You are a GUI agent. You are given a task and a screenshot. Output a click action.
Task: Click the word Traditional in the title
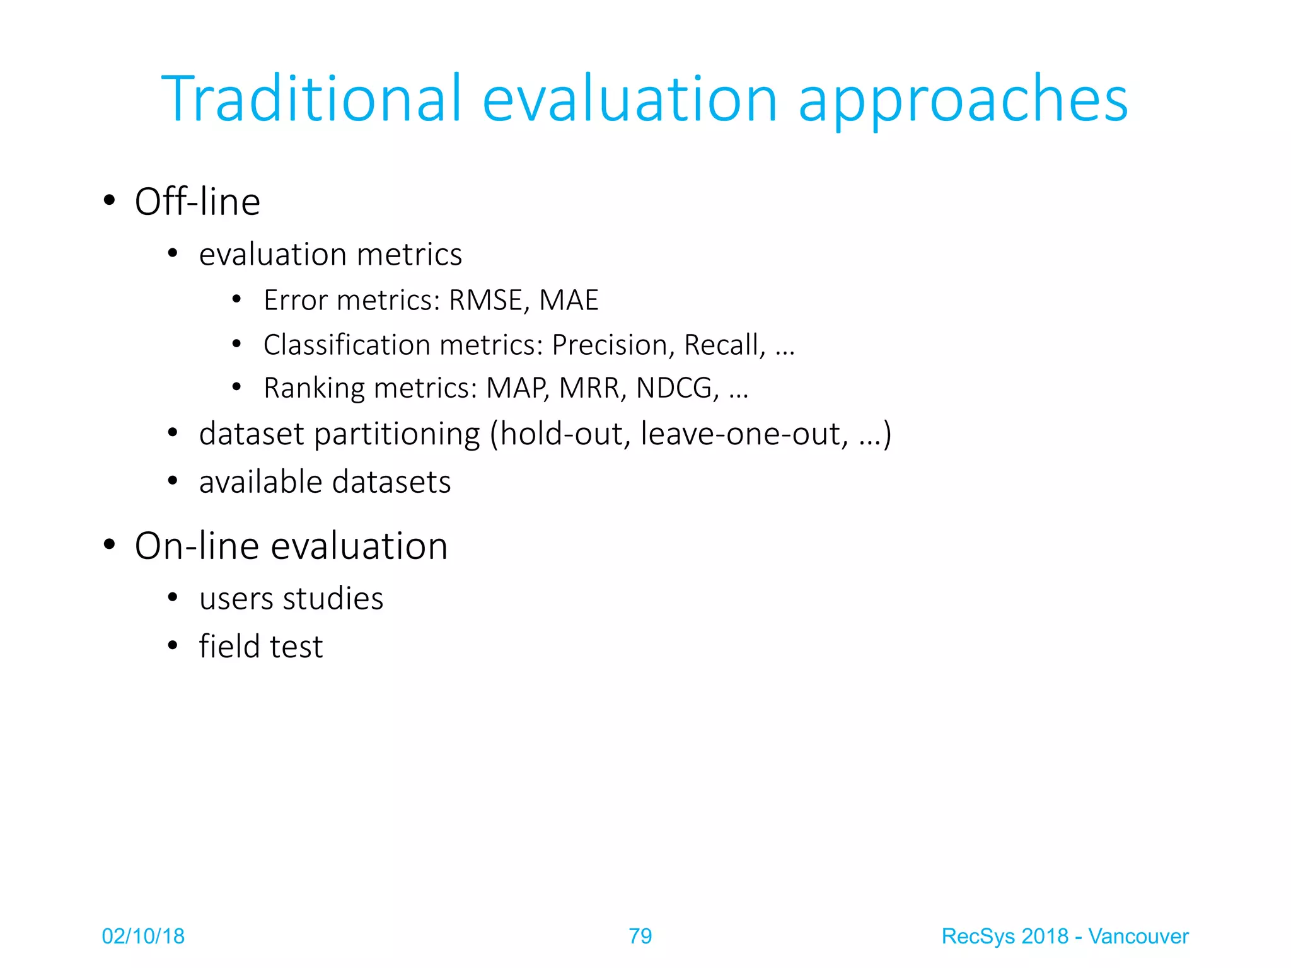(312, 99)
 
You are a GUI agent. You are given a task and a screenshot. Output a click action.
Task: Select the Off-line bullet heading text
(197, 202)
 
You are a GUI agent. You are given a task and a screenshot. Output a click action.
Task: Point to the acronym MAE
(569, 300)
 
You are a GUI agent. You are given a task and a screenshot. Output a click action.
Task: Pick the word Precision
(610, 345)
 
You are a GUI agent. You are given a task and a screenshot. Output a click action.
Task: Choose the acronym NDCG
(676, 388)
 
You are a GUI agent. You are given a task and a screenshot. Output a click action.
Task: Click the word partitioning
(397, 435)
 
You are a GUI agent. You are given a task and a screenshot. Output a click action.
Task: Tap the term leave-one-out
(744, 434)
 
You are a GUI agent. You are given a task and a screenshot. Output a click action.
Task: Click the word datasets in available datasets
(391, 482)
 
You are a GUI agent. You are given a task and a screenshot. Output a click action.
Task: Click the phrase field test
(261, 647)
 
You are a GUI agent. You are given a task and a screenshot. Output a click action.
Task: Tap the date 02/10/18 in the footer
(143, 936)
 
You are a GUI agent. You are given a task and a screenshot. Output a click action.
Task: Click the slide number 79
(640, 936)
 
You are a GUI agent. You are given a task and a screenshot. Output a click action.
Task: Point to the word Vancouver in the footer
(1138, 936)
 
